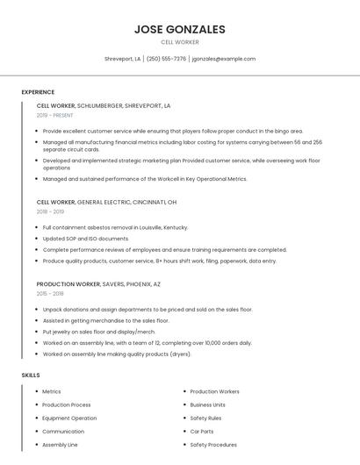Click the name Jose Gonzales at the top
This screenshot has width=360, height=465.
[179, 29]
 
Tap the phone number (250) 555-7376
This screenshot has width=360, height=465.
[166, 59]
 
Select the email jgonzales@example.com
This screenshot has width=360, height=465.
[224, 59]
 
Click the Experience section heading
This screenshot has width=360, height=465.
[38, 92]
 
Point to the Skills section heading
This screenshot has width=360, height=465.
[31, 375]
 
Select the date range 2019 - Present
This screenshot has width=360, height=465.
[54, 115]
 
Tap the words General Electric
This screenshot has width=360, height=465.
[101, 202]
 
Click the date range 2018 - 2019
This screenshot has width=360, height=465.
[50, 211]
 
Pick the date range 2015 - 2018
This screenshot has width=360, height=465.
[50, 294]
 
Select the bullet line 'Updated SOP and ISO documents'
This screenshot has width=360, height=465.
[85, 239]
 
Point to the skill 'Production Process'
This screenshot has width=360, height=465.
[67, 405]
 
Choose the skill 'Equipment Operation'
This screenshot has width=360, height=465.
[69, 418]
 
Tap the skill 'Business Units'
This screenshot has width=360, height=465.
[208, 405]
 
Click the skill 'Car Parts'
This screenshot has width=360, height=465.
[202, 432]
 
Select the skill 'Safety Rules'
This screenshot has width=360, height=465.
[205, 418]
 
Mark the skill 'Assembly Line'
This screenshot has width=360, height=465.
[61, 445]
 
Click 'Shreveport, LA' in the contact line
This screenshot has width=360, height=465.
[122, 59]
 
